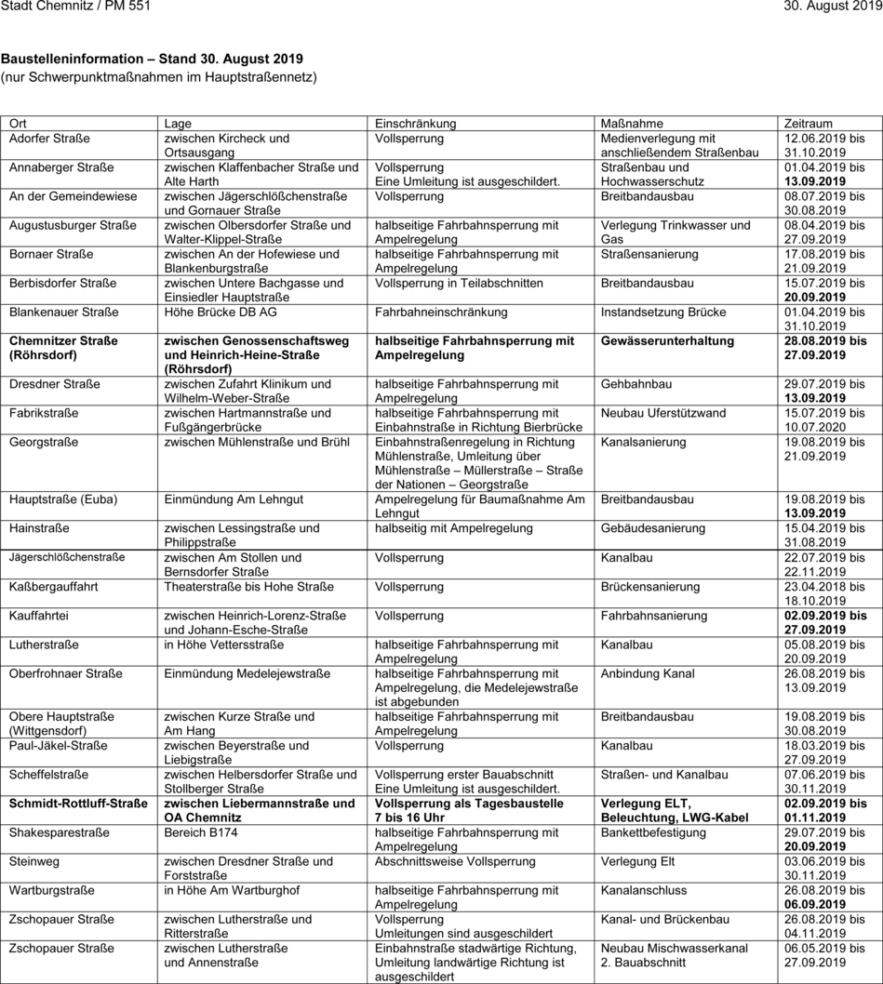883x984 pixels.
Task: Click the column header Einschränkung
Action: coord(415,124)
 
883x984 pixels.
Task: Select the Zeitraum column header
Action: coord(809,124)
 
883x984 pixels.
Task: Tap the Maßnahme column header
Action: coord(632,124)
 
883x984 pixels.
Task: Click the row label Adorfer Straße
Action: coord(49,139)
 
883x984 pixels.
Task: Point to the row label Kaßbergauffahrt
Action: coord(53,587)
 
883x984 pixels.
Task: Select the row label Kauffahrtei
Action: coord(38,616)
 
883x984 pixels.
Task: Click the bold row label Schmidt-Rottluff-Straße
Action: coord(78,804)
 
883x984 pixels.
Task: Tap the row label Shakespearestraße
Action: coord(59,832)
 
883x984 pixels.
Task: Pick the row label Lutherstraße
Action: coord(44,645)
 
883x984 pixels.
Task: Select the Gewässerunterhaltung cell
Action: coord(667,341)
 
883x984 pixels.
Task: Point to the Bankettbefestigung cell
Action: coord(653,832)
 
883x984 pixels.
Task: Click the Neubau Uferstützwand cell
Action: coord(663,413)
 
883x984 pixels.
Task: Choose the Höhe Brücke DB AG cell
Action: coord(221,312)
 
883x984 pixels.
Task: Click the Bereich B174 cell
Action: coord(201,832)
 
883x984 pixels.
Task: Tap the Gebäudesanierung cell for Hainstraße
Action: coord(653,528)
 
